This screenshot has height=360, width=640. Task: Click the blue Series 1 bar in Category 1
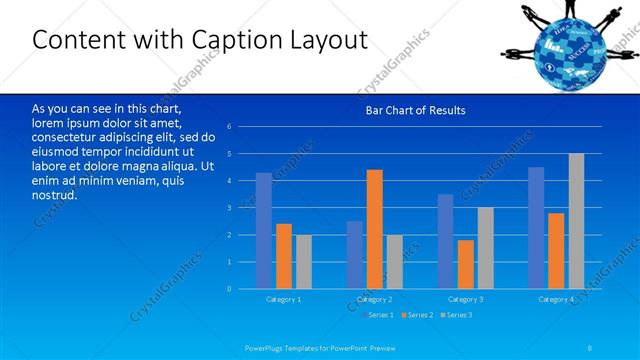pos(264,231)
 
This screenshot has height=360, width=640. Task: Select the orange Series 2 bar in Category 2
pos(375,229)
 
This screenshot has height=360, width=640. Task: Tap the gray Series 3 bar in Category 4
pos(576,221)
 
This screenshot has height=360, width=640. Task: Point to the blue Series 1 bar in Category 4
pos(536,228)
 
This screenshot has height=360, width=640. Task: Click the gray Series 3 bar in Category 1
pos(303,262)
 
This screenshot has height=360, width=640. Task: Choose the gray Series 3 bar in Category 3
pos(485,248)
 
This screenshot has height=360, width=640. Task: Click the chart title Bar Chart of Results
pos(415,110)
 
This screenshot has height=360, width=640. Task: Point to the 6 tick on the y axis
pos(229,127)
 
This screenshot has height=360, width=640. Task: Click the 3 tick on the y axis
pos(229,208)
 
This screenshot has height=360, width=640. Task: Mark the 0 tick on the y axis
pos(229,289)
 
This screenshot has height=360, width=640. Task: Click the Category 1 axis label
pos(283,299)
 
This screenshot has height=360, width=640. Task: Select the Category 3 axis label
pos(466,299)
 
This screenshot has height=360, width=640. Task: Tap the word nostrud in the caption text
pos(54,195)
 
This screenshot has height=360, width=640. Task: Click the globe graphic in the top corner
pos(565,44)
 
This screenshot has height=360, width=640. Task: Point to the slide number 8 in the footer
pos(590,347)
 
